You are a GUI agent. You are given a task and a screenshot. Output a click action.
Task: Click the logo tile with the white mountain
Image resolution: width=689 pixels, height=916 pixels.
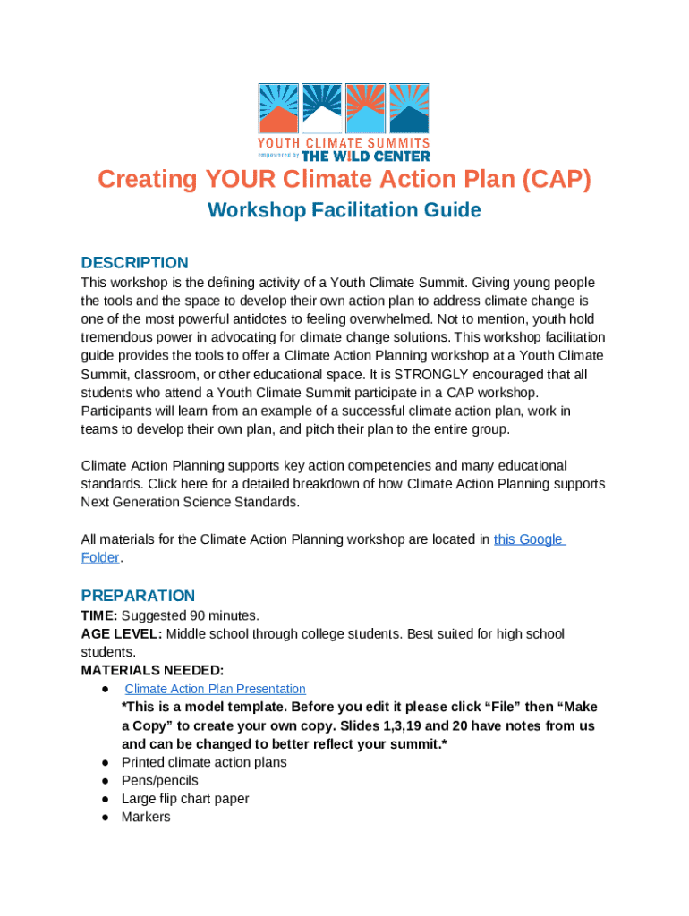[x=322, y=108]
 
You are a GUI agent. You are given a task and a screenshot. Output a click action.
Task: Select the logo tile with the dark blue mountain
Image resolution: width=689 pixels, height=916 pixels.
[x=410, y=108]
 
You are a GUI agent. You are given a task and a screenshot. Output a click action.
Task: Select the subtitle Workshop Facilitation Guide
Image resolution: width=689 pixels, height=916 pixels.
[x=344, y=210]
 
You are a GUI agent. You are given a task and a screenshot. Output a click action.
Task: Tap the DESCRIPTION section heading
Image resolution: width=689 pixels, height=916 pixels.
[x=134, y=262]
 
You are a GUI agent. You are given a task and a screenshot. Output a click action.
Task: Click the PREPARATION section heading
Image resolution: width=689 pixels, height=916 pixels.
[x=138, y=596]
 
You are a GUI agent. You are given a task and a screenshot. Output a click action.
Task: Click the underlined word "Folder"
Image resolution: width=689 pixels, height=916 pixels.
[x=100, y=557]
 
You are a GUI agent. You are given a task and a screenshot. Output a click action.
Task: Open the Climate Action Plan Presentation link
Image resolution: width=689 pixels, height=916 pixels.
[x=215, y=689]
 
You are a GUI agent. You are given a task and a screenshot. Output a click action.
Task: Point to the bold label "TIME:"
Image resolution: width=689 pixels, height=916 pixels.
[x=99, y=615]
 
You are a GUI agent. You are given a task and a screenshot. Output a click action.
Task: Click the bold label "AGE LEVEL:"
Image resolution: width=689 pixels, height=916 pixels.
[x=121, y=634]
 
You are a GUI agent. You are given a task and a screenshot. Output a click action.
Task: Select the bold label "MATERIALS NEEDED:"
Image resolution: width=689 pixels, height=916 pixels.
[x=152, y=670]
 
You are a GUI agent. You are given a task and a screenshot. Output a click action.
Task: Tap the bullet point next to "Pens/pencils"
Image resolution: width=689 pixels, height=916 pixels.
[x=105, y=781]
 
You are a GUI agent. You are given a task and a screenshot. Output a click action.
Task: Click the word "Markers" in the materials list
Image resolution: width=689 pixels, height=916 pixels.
[x=146, y=817]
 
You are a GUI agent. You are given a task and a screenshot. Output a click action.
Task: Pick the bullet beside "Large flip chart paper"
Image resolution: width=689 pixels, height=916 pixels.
[x=105, y=799]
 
